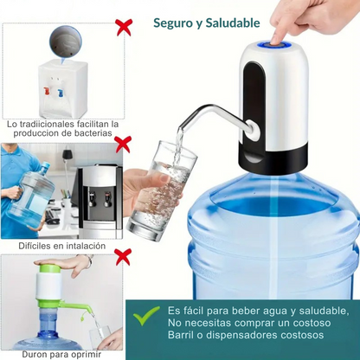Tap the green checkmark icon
146,316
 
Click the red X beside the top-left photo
124,27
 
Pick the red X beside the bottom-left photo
123,255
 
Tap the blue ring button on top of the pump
277,42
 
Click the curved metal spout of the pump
216,112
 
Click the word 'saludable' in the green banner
318,310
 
